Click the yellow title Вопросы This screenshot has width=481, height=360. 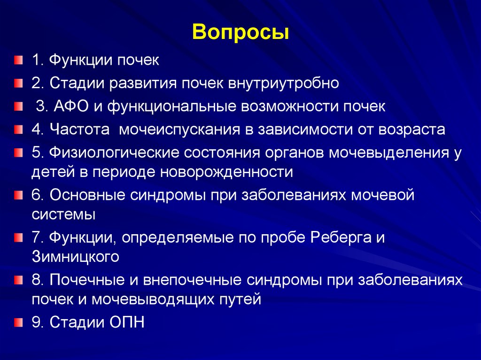click(240, 33)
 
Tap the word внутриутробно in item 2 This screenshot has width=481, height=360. click(283, 84)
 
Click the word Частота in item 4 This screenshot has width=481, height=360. click(79, 130)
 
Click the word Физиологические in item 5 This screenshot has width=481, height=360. click(112, 153)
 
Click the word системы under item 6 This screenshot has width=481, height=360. click(64, 214)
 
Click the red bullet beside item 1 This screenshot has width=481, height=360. click(18, 61)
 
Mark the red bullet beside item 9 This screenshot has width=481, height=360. click(18, 322)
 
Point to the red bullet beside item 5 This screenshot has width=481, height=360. click(18, 153)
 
